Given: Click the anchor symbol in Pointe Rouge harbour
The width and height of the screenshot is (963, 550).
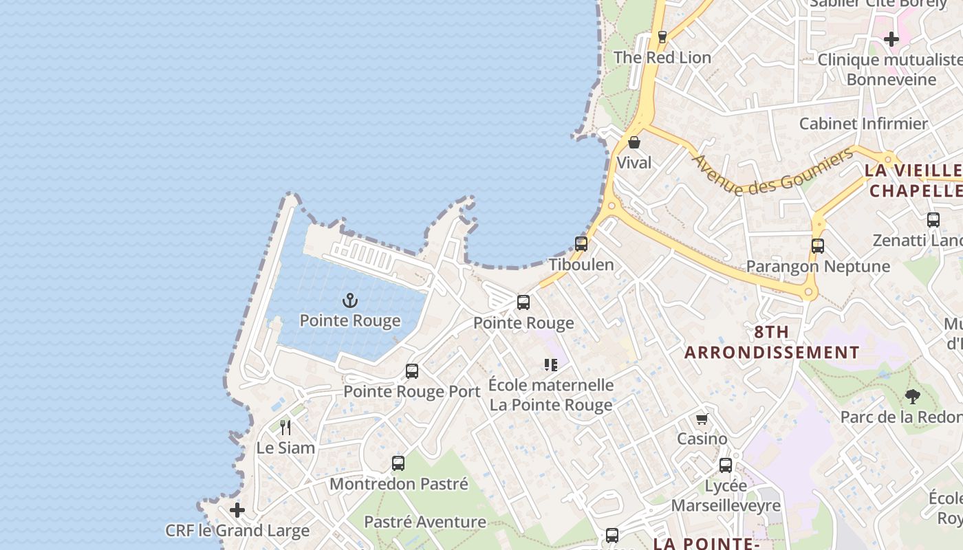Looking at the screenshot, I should click(x=350, y=300).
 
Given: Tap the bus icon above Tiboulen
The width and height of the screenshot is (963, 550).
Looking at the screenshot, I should click(x=581, y=243).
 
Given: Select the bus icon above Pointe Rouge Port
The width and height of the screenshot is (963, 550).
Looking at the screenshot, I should click(x=412, y=371).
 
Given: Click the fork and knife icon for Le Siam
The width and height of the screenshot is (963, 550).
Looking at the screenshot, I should click(x=285, y=428).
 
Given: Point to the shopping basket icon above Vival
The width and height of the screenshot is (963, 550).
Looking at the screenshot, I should click(x=634, y=142).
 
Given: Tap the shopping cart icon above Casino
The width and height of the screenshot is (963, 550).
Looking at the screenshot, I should click(x=702, y=419).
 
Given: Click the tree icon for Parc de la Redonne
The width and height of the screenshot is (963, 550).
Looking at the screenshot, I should click(x=913, y=396).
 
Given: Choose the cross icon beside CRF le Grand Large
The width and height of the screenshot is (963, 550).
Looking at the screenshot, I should click(x=237, y=510).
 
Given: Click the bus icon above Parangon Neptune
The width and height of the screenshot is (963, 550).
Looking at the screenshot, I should click(x=818, y=245).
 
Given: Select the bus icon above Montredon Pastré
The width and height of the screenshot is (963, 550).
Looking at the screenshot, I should click(x=398, y=463).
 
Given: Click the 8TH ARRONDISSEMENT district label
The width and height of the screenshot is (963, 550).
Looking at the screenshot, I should click(x=772, y=342).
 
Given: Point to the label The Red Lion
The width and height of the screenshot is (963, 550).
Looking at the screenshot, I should click(x=662, y=58).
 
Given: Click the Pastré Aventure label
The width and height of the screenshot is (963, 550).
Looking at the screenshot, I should click(x=424, y=522).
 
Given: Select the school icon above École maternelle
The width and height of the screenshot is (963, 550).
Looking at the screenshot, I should click(x=550, y=364).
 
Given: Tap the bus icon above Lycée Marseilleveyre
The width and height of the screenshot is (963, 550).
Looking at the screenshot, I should click(x=726, y=465).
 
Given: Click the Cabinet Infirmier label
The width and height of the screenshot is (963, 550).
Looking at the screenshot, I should click(x=863, y=124).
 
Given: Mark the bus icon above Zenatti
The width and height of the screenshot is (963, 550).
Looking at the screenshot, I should click(x=933, y=220).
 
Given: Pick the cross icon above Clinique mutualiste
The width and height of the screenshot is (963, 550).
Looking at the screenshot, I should click(x=891, y=39).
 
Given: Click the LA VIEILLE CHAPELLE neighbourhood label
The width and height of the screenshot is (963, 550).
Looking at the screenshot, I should click(x=914, y=180).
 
